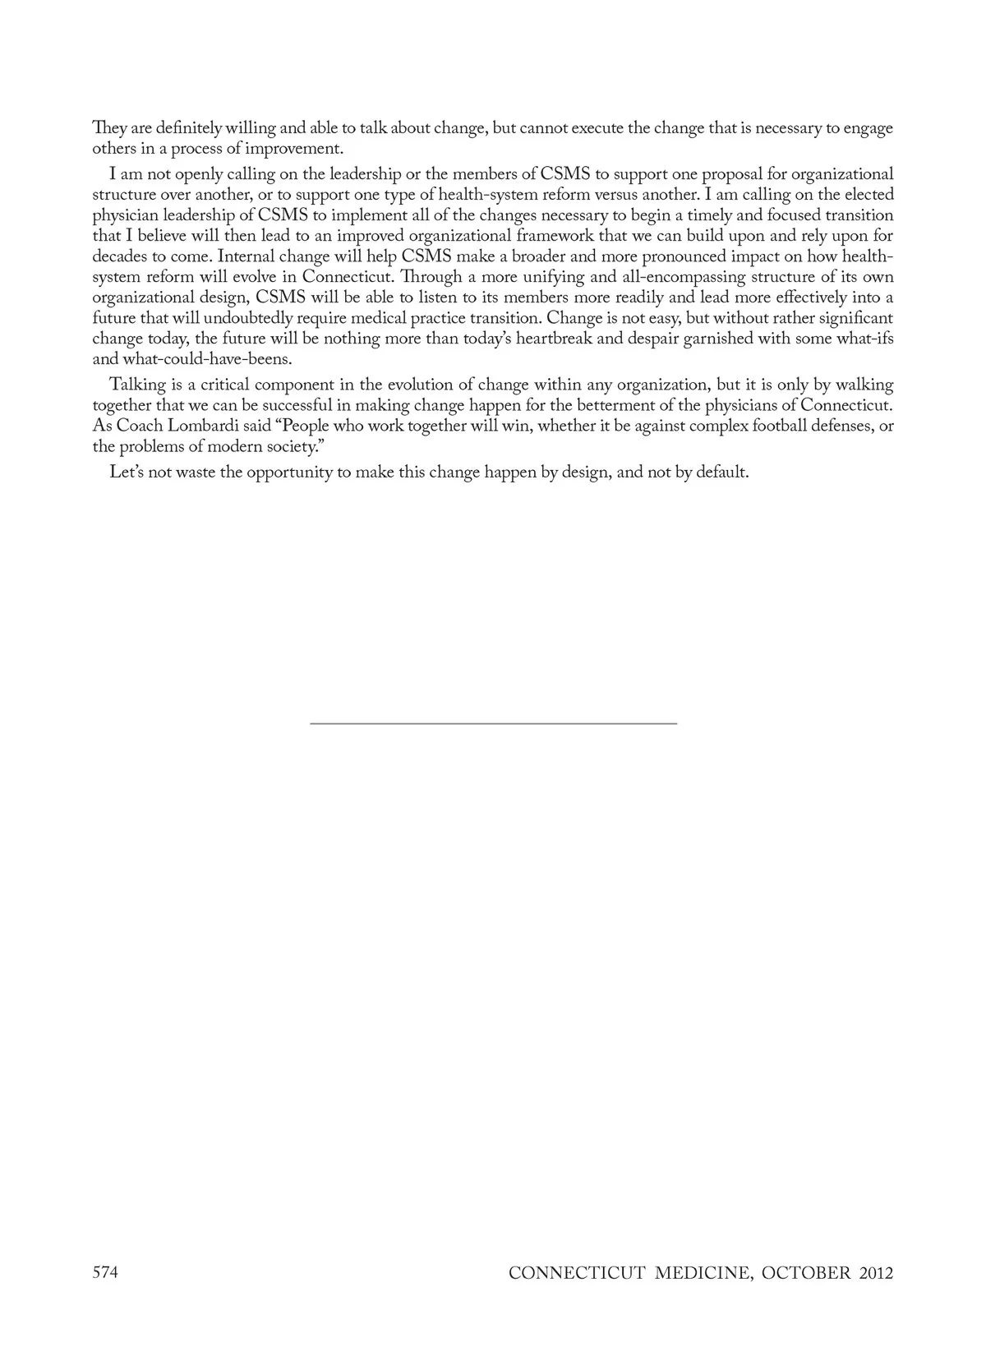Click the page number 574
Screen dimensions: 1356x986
106,1273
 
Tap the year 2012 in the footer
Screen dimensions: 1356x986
875,1274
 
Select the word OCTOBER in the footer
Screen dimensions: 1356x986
806,1274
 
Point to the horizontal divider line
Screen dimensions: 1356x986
493,722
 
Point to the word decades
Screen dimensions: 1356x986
119,256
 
